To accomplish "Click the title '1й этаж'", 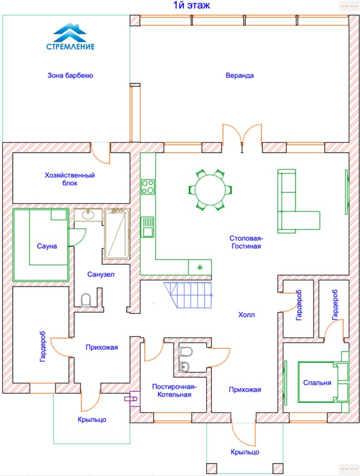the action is [191, 6].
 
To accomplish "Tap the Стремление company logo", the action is [70, 37].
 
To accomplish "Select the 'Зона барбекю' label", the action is [70, 76].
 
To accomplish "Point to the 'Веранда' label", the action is [240, 76].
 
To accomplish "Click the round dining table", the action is [210, 189].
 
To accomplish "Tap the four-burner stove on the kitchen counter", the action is [148, 186].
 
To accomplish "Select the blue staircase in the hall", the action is [190, 295].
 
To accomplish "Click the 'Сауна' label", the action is [47, 246].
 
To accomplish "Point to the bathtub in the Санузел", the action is [117, 234].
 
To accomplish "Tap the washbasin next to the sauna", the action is [88, 215].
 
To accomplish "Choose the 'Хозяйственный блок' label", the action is [69, 179].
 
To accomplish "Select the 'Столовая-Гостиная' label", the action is [245, 242].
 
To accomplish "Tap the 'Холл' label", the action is [246, 315].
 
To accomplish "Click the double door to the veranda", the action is [242, 135].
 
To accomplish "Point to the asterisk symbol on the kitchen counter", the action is [200, 268].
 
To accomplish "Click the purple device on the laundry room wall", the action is [133, 398].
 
